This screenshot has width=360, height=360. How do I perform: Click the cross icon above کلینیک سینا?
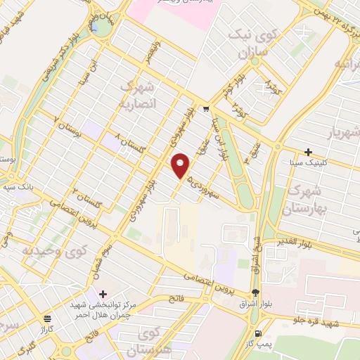click(x=308, y=152)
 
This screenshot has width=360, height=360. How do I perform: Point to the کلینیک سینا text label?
click(x=308, y=163)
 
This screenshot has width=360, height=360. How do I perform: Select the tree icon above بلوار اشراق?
click(x=255, y=292)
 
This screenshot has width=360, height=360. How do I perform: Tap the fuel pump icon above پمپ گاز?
click(x=259, y=333)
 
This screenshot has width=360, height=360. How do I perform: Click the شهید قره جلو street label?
click(x=322, y=321)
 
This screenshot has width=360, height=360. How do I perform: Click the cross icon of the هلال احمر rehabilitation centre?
click(x=103, y=293)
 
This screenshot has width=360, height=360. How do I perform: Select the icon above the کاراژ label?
click(x=47, y=318)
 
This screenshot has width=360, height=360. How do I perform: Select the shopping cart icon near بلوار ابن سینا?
click(x=205, y=109)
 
